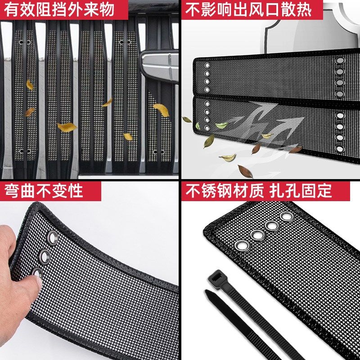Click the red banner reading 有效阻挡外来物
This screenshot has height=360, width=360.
pos(64,9)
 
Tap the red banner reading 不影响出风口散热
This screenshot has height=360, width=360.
pos(252,9)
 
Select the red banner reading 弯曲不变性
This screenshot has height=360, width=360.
pos(50,191)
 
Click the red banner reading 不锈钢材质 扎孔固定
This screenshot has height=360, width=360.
pos(265,191)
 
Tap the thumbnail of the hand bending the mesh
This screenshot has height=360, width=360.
pos(89,271)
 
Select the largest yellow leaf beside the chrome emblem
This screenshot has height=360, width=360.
pos(161,110)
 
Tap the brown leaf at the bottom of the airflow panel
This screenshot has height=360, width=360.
pos(245,171)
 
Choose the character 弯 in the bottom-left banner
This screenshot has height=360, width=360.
pos(11,191)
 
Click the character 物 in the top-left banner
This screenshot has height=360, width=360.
pos(107,9)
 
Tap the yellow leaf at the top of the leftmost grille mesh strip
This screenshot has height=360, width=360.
pos(30,85)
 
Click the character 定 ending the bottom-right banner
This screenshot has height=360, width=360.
pos(324,191)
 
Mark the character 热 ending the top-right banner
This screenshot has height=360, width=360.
pos(303,9)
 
